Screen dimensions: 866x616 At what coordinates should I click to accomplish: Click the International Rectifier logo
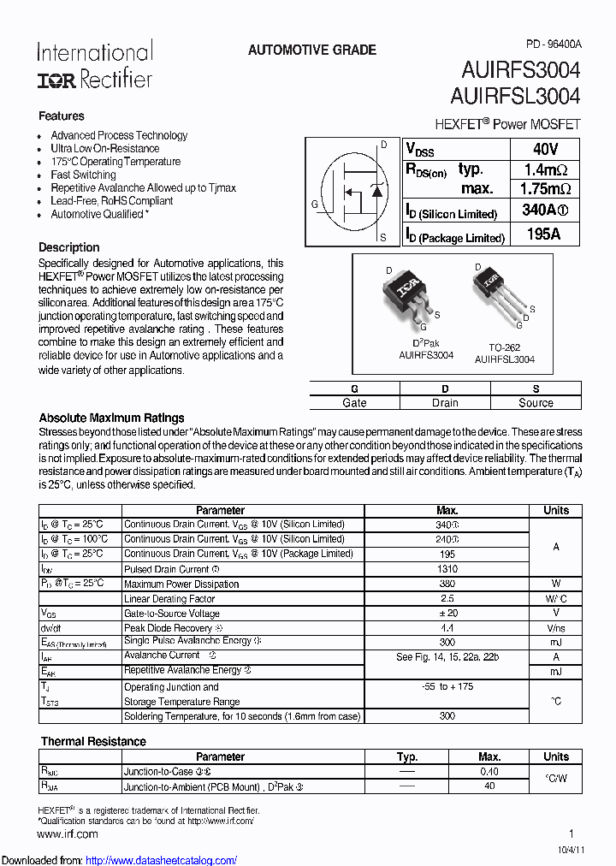point(94,66)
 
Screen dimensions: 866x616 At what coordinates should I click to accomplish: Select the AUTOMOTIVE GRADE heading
point(311,50)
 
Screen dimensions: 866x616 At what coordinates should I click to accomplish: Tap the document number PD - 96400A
point(553,44)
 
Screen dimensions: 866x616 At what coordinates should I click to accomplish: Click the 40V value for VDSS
point(545,149)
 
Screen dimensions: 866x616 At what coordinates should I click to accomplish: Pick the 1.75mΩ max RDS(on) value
point(545,189)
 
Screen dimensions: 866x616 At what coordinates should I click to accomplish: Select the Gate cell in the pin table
point(354,402)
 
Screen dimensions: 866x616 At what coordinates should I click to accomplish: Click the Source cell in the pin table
point(536,402)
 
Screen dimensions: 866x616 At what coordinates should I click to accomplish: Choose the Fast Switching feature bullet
point(83,175)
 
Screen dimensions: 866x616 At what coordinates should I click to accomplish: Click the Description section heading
point(69,247)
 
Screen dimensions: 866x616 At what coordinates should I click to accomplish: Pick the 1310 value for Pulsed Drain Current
point(447,569)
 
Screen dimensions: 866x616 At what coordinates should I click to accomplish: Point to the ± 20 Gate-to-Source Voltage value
point(447,614)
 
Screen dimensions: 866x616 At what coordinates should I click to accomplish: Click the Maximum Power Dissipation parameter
point(181,584)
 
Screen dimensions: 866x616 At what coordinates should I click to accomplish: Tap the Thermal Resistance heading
point(93,741)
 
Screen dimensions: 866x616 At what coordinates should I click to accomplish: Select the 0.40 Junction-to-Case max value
point(489,771)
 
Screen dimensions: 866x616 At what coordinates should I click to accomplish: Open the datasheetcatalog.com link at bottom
point(161,860)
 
